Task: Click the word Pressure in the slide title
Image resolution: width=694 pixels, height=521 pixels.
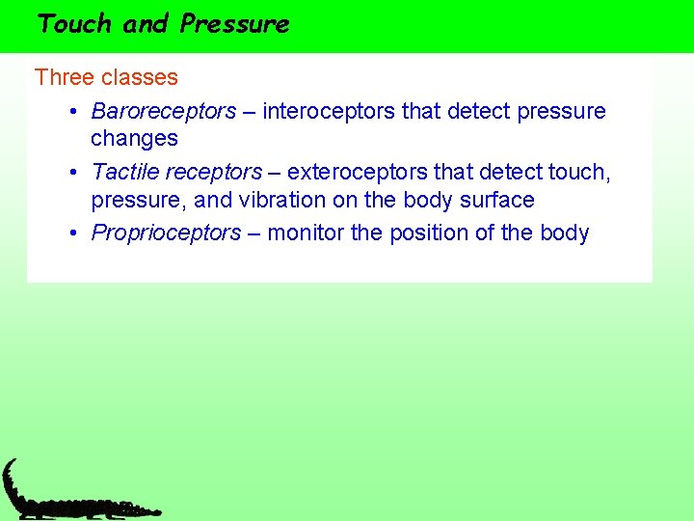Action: click(234, 24)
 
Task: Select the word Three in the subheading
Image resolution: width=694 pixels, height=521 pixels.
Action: click(62, 77)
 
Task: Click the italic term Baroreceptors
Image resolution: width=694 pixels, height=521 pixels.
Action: click(163, 112)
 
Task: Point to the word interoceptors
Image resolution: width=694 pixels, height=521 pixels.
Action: click(329, 112)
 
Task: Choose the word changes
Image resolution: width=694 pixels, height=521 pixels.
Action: click(134, 139)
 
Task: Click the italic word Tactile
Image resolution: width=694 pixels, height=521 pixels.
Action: click(125, 173)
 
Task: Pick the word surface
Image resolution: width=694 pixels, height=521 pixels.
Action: click(494, 201)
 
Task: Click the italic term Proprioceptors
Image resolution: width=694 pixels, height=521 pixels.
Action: click(166, 233)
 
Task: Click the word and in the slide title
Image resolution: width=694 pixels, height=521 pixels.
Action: click(146, 24)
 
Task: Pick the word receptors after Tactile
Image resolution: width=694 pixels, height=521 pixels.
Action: click(213, 173)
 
